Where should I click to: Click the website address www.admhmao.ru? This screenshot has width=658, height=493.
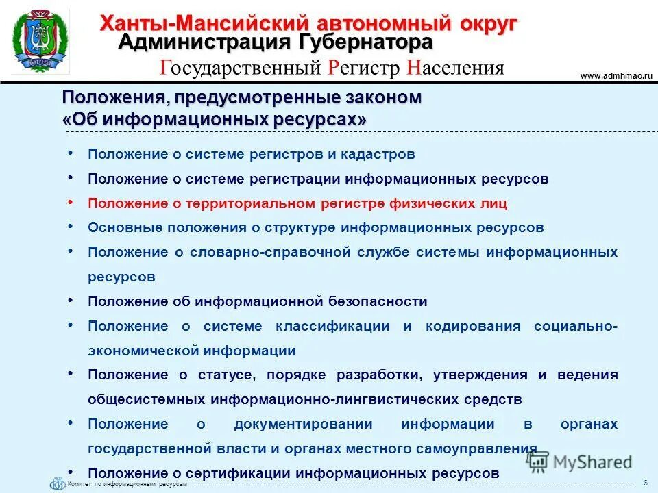pyautogui.click(x=616, y=76)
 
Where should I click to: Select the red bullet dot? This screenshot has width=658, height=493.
pyautogui.click(x=71, y=203)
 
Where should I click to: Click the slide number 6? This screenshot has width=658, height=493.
pyautogui.click(x=646, y=482)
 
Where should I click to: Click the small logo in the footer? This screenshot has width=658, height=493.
pyautogui.click(x=58, y=483)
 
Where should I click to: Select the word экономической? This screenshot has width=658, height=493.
pyautogui.click(x=143, y=351)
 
